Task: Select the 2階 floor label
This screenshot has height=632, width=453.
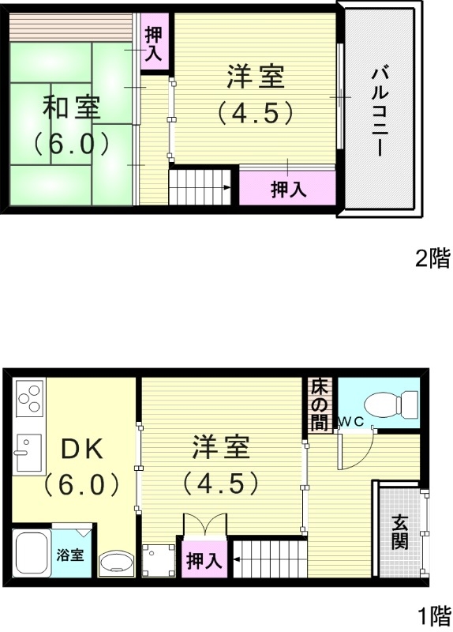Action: coord(432,258)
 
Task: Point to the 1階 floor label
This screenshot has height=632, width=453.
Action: coord(432,615)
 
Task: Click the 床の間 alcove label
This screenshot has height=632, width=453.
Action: coord(319,404)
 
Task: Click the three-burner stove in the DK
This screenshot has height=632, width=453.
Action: coord(29,398)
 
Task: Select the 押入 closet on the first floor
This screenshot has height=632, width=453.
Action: coord(204,561)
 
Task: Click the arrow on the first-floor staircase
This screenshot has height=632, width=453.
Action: coord(238,560)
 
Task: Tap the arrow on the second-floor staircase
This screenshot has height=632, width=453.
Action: coord(226,187)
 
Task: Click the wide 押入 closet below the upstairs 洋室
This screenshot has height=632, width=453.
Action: coord(289,189)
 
